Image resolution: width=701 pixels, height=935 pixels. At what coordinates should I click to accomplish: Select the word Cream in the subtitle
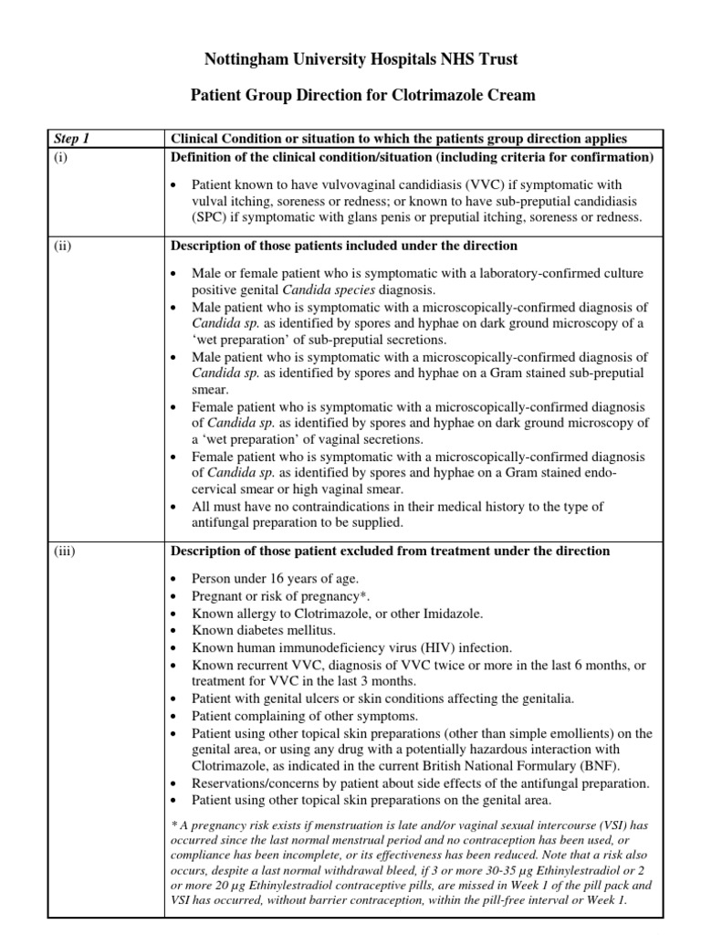pos(511,94)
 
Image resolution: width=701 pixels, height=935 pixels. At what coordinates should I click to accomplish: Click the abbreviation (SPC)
pos(211,216)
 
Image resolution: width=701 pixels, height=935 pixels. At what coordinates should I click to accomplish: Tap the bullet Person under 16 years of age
pos(275,579)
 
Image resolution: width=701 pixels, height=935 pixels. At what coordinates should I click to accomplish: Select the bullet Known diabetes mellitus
pos(264,630)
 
